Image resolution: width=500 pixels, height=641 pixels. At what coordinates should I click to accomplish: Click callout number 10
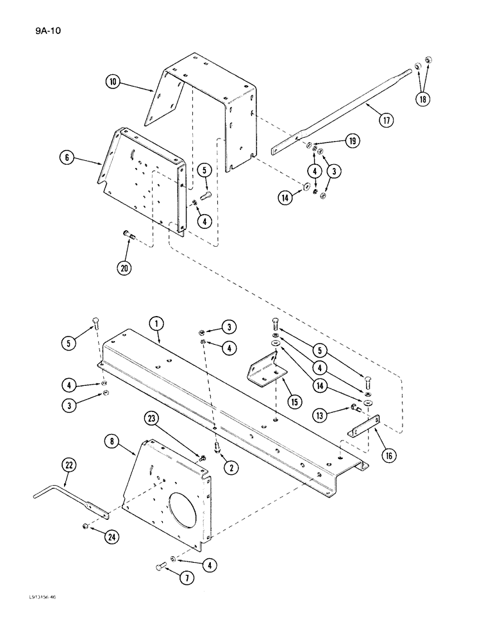click(x=113, y=82)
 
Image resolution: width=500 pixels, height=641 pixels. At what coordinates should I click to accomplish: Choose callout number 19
click(x=351, y=141)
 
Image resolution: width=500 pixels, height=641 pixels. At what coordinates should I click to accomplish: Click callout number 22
click(x=69, y=465)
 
